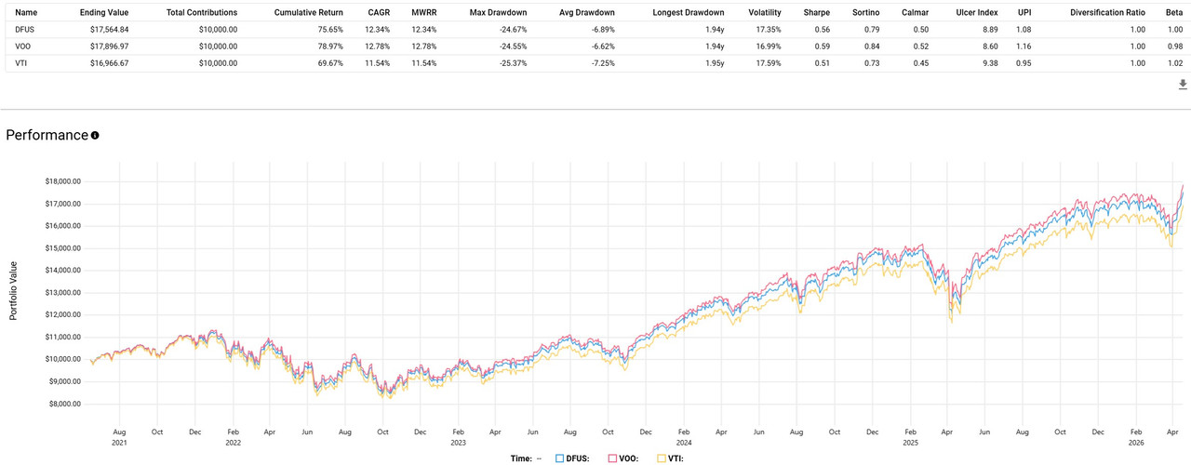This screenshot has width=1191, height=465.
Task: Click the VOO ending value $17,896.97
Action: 104,46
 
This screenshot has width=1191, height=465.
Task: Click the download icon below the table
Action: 1183,85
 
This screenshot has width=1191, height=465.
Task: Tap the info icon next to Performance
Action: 95,136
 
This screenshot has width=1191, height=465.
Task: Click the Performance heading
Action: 47,135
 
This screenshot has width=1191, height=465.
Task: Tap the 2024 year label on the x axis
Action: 684,444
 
